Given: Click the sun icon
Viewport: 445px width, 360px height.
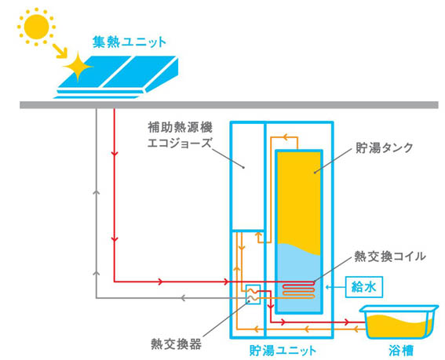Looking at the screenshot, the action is tap(36, 27).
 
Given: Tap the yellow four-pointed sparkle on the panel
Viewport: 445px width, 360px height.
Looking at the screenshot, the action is tap(78, 67).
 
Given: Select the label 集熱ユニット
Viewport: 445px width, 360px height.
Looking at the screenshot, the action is tap(129, 42).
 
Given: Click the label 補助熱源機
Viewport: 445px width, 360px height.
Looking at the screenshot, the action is tap(180, 127).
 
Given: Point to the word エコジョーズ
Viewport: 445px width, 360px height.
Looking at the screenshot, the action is tap(180, 143).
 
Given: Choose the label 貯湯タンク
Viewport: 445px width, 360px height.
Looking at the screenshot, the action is tap(385, 147).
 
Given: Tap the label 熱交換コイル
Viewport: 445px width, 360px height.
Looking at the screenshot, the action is tap(390, 256).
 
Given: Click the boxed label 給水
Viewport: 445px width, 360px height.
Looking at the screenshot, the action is tap(364, 287).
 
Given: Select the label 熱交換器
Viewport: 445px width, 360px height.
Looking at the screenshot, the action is tap(176, 344).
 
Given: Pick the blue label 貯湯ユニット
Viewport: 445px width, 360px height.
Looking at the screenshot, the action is tap(283, 351).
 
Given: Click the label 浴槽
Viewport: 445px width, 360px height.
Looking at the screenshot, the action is tap(401, 351).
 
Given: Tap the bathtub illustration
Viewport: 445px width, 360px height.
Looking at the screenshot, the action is tap(399, 322).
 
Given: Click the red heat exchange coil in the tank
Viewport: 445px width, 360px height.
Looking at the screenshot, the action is tap(298, 289).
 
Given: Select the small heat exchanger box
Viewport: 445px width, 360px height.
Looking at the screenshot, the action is tap(253, 294).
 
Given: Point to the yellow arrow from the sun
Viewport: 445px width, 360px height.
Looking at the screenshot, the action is tap(60, 51).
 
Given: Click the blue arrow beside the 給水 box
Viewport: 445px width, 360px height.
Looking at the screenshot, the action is tap(335, 287).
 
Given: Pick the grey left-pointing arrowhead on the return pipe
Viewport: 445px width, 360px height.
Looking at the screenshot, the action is tap(184, 298).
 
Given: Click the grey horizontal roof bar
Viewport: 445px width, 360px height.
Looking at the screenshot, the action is tap(229, 105).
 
